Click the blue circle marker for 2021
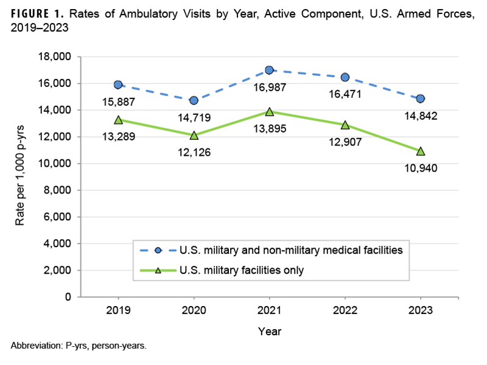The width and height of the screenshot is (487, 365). pos(269,70)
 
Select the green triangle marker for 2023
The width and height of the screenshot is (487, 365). pos(420,151)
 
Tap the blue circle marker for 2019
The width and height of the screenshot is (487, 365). pos(118,85)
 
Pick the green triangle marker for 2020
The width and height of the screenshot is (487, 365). pos(194,135)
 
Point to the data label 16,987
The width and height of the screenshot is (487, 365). pos(269,89)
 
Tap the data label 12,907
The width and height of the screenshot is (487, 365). pos(345,144)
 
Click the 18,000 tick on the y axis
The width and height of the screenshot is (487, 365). pos(55,57)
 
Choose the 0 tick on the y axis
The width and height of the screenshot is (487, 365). pos(69,297)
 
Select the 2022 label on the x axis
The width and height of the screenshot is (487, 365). pos(345,310)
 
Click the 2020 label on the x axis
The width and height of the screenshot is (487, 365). pos(194,310)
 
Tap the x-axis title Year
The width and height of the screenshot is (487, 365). pos(269,332)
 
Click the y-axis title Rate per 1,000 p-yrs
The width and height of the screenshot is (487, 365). pos(19,176)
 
